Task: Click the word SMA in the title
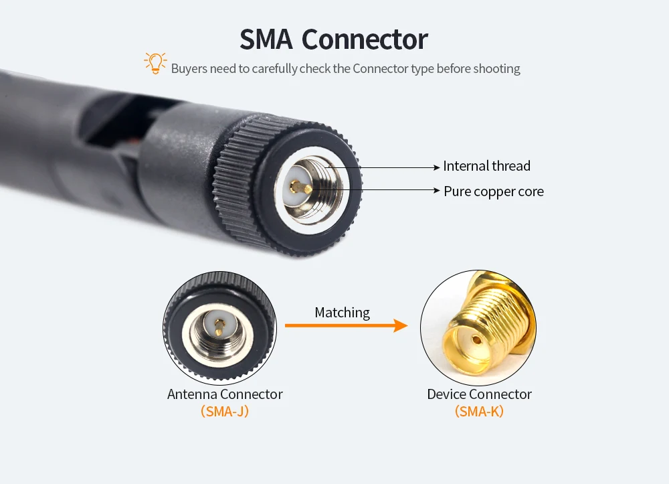(x=266, y=39)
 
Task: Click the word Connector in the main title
(x=365, y=39)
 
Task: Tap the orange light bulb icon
(x=155, y=63)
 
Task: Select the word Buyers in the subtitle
(x=189, y=68)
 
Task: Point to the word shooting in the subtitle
(x=497, y=68)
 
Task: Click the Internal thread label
(x=486, y=166)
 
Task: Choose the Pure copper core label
(x=494, y=191)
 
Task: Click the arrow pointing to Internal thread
(x=388, y=167)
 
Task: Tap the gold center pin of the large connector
(x=304, y=188)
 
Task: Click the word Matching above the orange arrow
(x=342, y=313)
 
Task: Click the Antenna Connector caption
(x=225, y=394)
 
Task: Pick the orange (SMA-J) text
(x=225, y=412)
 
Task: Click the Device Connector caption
(x=479, y=394)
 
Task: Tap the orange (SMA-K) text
(x=479, y=412)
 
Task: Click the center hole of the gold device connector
(x=476, y=339)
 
